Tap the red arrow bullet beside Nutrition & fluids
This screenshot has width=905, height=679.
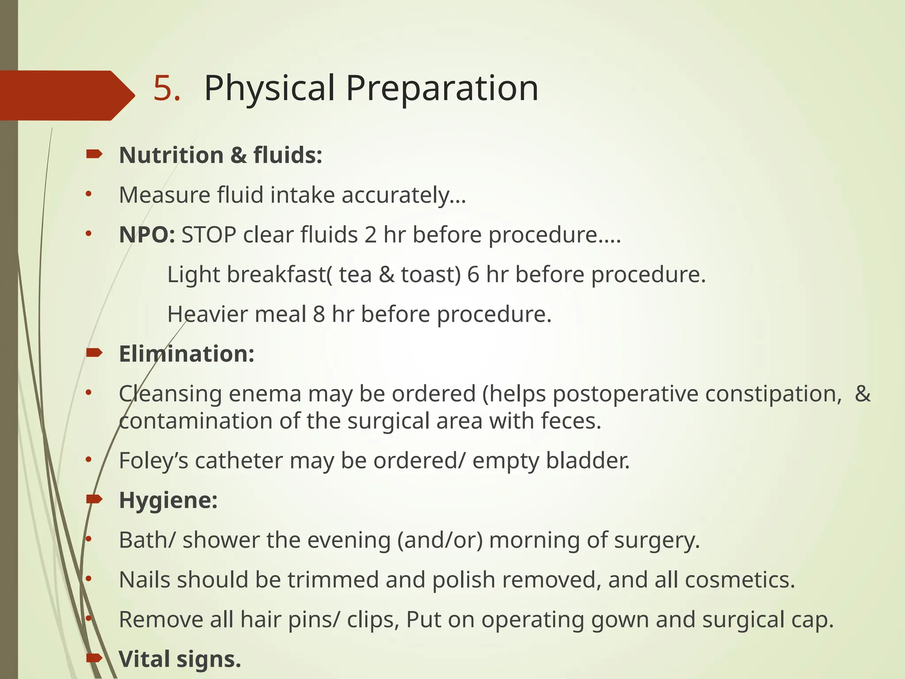coord(95,154)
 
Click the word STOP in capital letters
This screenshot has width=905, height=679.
coord(209,235)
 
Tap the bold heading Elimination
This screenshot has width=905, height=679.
coord(186,354)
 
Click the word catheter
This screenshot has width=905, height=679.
coord(239,461)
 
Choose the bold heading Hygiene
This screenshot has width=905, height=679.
coord(168,500)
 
